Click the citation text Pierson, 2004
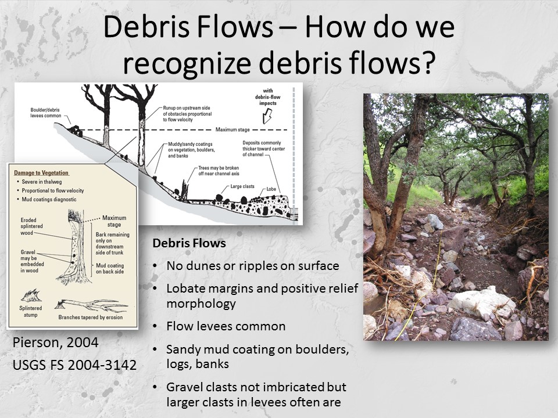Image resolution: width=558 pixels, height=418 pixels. coord(55,343)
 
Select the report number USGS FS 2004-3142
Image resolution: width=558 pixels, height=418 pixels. coord(74,365)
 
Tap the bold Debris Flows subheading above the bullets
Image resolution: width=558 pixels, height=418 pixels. coord(189,244)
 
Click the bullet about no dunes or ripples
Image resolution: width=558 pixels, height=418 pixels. coord(252,266)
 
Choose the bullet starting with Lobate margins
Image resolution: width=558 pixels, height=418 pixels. coord(262,296)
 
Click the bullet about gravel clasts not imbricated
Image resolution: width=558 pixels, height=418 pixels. coord(256,394)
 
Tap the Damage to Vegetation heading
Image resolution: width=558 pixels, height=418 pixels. coord(42,173)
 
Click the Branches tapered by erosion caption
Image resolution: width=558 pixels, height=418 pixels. coord(92,318)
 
